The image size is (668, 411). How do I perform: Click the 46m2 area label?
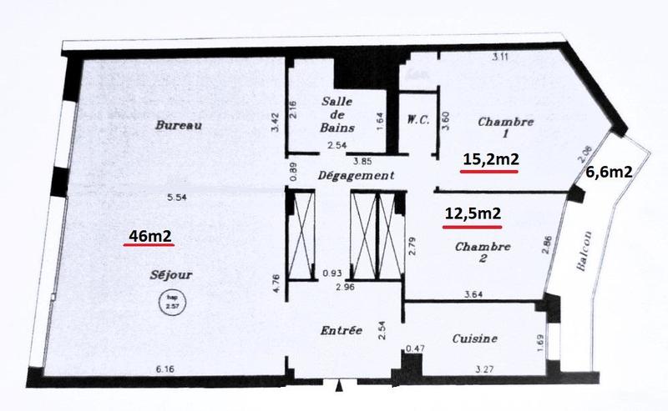coord(149,236)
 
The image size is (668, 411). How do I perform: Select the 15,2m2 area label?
coord(489,158)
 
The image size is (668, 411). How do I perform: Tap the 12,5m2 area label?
coord(473,213)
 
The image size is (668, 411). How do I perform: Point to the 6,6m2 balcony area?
coord(607,173)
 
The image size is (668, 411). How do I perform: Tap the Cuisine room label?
coord(475,338)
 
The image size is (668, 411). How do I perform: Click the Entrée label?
coord(341,330)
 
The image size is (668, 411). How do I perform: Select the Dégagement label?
coord(356,176)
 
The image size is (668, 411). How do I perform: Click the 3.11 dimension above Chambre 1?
coord(501,57)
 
